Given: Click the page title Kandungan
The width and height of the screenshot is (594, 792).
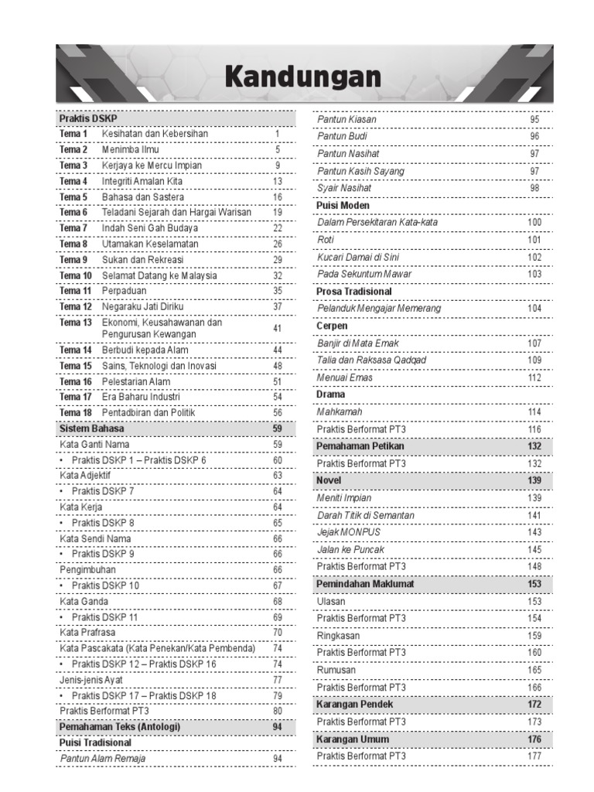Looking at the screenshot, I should click(303, 77).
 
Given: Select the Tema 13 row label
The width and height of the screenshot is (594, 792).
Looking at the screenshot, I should click(76, 323).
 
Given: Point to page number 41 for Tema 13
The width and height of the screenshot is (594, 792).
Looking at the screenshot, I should click(277, 329).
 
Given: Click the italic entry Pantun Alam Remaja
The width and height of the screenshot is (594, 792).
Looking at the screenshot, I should click(103, 759).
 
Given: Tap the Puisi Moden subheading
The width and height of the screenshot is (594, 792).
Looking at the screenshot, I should click(343, 206).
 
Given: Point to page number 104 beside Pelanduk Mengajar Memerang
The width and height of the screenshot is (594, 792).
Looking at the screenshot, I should click(534, 309).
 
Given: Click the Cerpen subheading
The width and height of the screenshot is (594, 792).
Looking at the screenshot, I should click(332, 326).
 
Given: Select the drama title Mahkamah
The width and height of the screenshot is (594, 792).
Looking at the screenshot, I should click(340, 412).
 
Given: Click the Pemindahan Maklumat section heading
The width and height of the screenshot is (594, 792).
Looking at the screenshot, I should click(365, 584).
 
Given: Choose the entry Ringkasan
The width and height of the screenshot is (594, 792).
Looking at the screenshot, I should click(338, 636).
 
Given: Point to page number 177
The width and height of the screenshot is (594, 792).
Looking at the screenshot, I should click(534, 756).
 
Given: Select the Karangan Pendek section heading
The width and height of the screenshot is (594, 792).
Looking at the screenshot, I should click(354, 705).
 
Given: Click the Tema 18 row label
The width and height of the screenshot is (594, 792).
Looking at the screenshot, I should click(76, 413).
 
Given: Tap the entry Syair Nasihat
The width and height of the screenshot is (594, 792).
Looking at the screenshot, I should click(344, 188).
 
